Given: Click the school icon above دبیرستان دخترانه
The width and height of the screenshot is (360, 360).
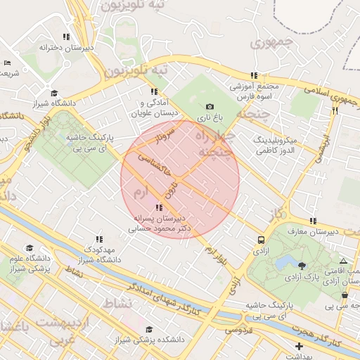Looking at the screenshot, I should tap(66, 37).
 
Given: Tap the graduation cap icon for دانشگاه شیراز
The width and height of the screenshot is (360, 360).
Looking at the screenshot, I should tap(54, 93).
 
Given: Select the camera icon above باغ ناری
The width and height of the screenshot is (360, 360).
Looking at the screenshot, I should tap(209, 106).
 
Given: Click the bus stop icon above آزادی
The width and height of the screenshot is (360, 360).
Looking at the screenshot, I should tap(262, 240).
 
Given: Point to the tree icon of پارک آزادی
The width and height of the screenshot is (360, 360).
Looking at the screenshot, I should tap(302, 265).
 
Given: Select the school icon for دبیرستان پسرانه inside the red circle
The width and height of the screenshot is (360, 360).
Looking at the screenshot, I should tap(160, 207).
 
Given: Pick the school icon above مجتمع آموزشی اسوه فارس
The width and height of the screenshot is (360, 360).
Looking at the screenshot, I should tap(254, 75).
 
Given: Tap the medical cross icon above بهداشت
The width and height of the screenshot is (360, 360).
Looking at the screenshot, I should tap(300, 346).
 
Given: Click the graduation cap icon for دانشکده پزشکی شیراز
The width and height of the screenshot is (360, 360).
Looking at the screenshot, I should tap(148, 329).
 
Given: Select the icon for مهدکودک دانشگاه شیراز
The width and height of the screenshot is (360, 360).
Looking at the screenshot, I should tap(98, 239).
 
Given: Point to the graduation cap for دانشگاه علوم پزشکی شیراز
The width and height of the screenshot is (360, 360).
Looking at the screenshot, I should tap(30, 248).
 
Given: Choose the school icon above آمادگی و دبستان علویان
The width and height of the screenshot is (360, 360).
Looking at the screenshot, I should tap(153, 91).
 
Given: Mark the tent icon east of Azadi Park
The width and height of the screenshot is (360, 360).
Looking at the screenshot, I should tap(343, 260).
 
